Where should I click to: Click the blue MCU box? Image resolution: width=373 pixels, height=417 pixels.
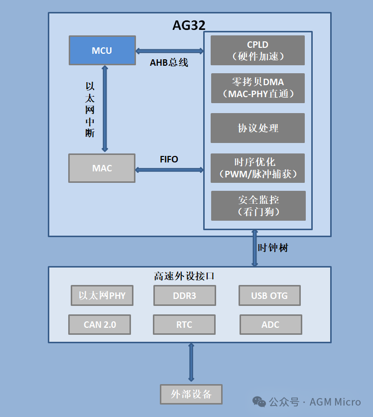102,50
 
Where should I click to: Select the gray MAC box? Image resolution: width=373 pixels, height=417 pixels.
102,168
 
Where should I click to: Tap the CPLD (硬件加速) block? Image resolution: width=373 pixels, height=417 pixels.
257,50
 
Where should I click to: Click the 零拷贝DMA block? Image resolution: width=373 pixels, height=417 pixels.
258,88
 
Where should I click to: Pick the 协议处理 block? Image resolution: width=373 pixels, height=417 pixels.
257,128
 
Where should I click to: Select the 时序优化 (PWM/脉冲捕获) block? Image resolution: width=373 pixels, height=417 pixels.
257,168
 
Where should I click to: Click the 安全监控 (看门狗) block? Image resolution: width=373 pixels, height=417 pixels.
258,205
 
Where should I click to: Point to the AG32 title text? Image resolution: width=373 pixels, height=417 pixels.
189,25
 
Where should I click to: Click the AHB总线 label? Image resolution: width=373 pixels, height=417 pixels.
169,63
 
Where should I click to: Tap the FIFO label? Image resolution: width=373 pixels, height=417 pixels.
169,159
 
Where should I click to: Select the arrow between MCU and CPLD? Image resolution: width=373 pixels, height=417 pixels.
169,51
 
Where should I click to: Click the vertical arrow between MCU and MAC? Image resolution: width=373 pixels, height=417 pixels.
105,108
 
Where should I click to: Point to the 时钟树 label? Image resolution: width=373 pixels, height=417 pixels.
272,248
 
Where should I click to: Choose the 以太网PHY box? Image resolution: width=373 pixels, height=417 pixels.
102,295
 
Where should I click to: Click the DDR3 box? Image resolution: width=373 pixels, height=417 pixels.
184,295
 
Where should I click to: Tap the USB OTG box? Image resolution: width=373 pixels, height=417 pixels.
269,295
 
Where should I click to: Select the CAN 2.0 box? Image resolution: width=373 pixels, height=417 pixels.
100,324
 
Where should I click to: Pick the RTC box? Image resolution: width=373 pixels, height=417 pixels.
184,324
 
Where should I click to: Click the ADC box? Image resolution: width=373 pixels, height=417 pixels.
270,324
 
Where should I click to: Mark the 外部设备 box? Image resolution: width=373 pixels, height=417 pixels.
191,394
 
